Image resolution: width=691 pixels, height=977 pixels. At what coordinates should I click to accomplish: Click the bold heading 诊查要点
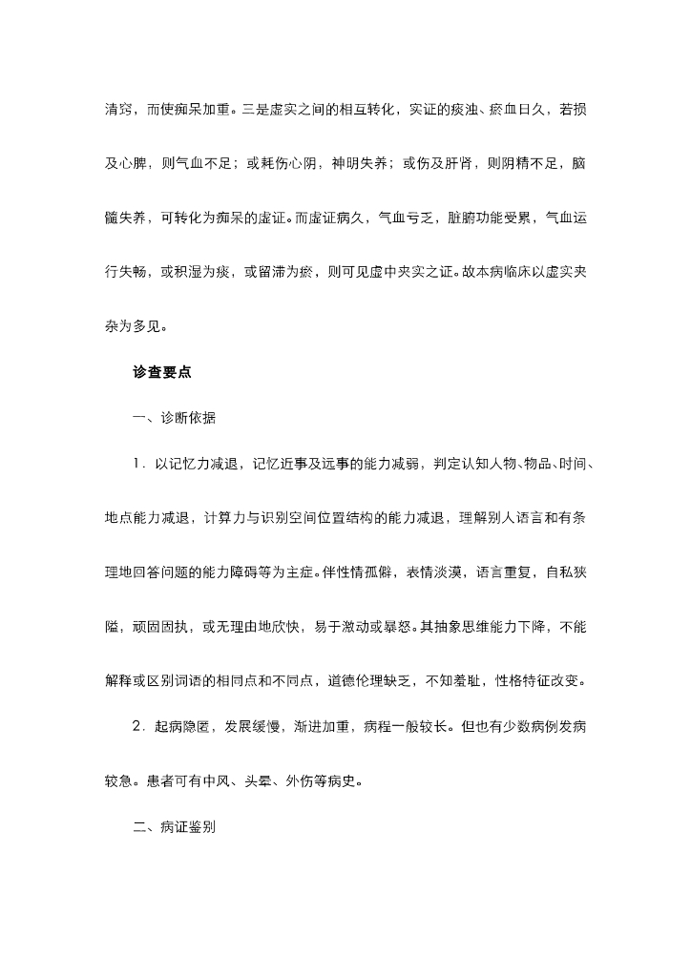162,373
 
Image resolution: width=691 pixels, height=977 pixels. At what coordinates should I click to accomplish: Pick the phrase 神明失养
360,162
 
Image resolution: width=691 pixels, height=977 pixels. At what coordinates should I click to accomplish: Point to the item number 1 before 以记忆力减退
137,465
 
